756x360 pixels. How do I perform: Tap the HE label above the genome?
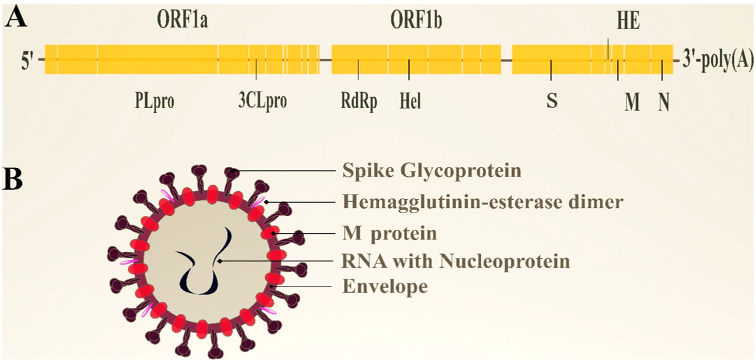(628, 21)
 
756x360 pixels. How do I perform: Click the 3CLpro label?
(263, 101)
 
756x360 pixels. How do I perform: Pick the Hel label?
(410, 101)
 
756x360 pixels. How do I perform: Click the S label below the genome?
(552, 101)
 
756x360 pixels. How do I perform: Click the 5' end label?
(26, 61)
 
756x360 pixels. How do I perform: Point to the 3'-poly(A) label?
(718, 62)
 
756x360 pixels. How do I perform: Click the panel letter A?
(15, 18)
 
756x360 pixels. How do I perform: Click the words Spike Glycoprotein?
(432, 171)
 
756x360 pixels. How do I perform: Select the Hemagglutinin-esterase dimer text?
(483, 202)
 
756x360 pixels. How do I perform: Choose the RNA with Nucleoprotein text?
(456, 261)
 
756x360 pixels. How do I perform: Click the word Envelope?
(385, 286)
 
